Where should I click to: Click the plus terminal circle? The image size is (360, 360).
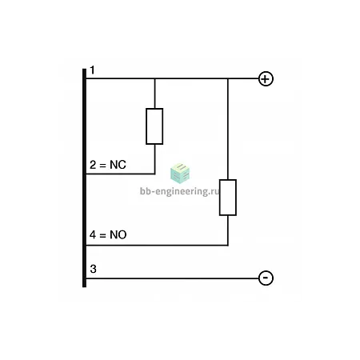(x=266, y=78)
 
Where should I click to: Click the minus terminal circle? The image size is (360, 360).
(x=266, y=278)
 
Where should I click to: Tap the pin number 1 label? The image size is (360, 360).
(x=92, y=70)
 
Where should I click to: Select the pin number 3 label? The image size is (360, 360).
(x=93, y=269)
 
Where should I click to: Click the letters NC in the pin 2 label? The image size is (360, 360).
(x=118, y=165)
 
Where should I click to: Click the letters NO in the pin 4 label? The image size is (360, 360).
(x=118, y=234)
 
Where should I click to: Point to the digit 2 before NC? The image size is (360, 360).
(x=93, y=165)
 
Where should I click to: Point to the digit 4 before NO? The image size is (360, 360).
(x=93, y=234)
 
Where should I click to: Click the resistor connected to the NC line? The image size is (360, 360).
(x=154, y=126)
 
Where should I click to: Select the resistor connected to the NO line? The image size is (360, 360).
(x=228, y=198)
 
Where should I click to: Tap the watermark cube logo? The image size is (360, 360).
(x=180, y=174)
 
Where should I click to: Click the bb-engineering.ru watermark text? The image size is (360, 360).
(x=180, y=191)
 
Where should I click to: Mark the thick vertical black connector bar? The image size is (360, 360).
(x=84, y=178)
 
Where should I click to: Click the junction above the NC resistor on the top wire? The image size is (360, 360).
(x=154, y=78)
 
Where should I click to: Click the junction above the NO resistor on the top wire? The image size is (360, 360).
(x=228, y=78)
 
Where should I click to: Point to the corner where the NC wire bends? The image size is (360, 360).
(x=154, y=174)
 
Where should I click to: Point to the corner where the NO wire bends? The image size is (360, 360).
(x=228, y=245)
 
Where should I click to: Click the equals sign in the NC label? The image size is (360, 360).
(x=102, y=166)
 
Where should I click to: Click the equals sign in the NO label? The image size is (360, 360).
(x=102, y=235)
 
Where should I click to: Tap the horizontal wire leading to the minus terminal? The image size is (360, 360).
(x=172, y=278)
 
